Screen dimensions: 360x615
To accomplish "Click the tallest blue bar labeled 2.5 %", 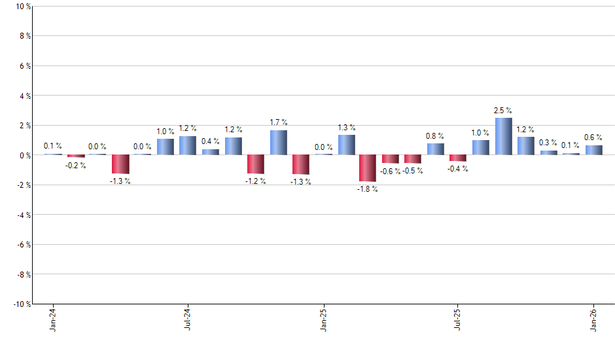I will [503, 136].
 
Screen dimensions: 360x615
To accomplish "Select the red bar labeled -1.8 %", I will [368, 168].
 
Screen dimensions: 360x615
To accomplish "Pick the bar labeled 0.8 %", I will [435, 149].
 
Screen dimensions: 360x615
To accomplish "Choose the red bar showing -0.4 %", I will [458, 158].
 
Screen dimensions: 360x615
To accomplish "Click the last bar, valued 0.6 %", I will [593, 150].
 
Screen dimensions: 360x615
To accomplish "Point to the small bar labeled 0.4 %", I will [210, 152].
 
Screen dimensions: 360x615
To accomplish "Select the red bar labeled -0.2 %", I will [76, 156].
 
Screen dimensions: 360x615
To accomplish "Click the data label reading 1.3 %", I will [346, 128].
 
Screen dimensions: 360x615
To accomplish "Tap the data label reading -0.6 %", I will [391, 171].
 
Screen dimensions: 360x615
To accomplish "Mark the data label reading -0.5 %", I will [413, 171].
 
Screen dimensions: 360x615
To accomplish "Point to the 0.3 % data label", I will [548, 143].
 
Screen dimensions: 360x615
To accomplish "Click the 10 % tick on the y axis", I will [22, 7].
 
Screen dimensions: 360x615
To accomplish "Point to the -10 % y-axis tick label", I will [21, 304].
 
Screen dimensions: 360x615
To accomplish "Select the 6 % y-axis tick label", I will [24, 66].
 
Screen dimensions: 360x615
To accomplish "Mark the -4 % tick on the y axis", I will [23, 215].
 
